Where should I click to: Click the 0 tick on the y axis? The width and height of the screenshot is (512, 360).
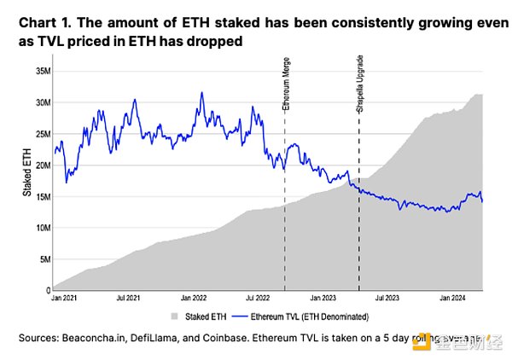click(46, 290)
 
